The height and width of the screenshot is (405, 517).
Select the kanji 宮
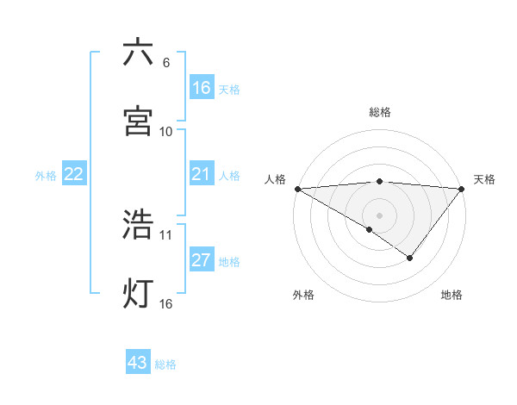pos(138,121)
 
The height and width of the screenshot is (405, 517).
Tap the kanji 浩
pos(138,224)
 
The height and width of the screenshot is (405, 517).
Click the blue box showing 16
pos(202,87)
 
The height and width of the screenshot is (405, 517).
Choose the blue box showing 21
pos(202,175)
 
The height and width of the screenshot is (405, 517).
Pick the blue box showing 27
pos(202,261)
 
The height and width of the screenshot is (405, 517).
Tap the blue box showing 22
pos(74,175)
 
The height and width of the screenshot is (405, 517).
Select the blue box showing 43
pos(138,363)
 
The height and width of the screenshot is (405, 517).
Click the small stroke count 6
pos(165,62)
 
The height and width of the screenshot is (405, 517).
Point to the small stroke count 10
pos(166,131)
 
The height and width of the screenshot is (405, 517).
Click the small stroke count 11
pos(166,234)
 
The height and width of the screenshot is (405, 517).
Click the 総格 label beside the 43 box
pos(165,364)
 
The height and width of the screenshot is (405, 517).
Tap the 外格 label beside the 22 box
pos(46,176)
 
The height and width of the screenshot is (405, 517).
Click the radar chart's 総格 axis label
pos(379,112)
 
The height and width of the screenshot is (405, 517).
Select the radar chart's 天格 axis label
pos(484,179)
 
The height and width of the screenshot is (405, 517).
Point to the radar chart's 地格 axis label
pos(452,295)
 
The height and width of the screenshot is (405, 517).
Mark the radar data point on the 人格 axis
pos(297,188)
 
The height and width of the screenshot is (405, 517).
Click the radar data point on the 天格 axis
pos(462,188)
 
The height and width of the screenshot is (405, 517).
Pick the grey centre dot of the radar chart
pos(379,215)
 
